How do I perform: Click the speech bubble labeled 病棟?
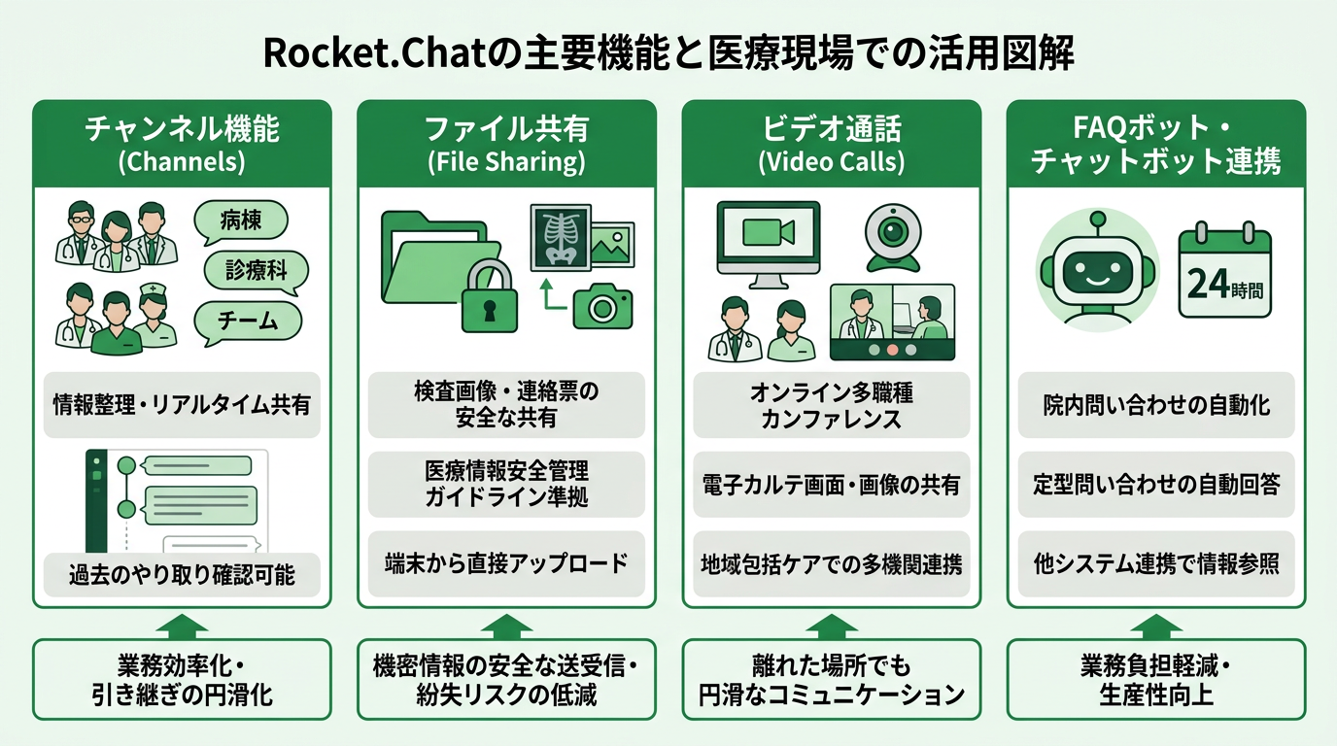click(x=242, y=220)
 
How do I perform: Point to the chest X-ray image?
click(x=560, y=235)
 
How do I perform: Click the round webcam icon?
click(x=892, y=235)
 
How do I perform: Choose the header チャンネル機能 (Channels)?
click(x=182, y=144)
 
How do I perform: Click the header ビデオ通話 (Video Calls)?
click(x=831, y=144)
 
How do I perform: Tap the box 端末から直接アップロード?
click(x=506, y=563)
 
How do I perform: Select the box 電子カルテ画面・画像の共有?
click(x=831, y=484)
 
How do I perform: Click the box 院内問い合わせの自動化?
click(x=1155, y=404)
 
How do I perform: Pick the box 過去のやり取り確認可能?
click(x=182, y=575)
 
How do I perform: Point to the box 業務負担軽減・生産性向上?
click(x=1155, y=680)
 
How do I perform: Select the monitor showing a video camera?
click(x=768, y=237)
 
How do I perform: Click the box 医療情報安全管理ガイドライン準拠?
click(x=506, y=484)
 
